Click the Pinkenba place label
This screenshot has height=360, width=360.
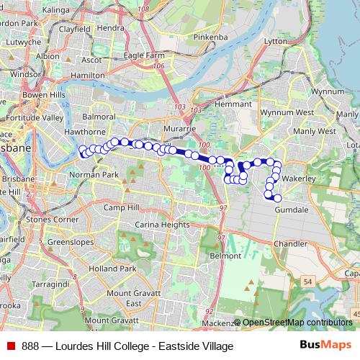210,35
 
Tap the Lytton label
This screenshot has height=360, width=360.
276,42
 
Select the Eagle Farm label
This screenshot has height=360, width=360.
144,55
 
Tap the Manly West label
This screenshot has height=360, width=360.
315,131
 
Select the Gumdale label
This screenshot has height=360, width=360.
289,209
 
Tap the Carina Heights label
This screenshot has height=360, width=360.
164,225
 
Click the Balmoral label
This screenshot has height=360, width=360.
99,116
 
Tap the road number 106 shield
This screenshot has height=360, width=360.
158,66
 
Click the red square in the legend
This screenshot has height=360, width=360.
11,346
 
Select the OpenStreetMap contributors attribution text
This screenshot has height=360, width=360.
297,323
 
